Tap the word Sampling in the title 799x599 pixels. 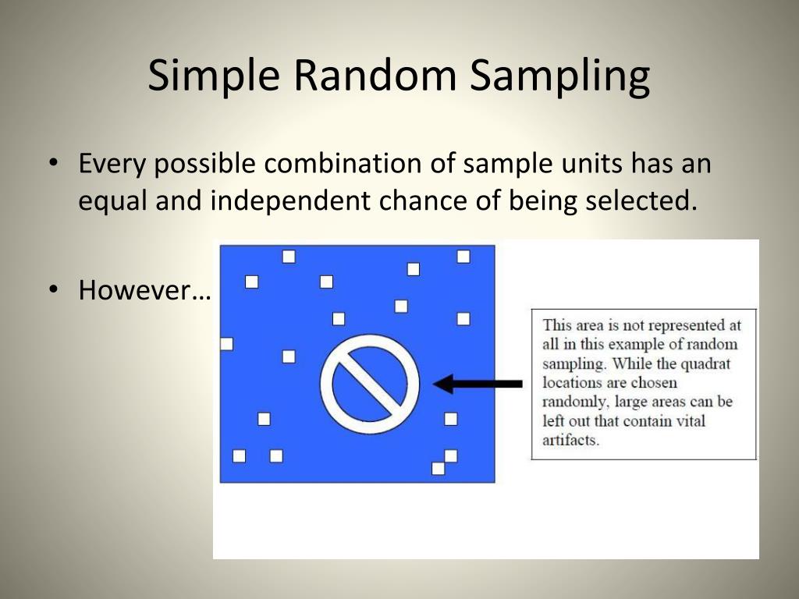point(559,76)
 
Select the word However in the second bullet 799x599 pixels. point(144,291)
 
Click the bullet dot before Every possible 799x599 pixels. point(53,165)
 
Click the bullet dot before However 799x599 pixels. point(53,291)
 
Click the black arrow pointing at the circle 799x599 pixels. point(478,384)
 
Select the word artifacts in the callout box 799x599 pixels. point(570,440)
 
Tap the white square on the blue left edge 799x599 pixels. point(227,344)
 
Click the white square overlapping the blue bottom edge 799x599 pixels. point(438,469)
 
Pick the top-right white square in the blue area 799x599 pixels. point(463,257)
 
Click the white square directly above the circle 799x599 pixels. point(339,318)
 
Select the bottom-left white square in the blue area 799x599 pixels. point(239,456)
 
